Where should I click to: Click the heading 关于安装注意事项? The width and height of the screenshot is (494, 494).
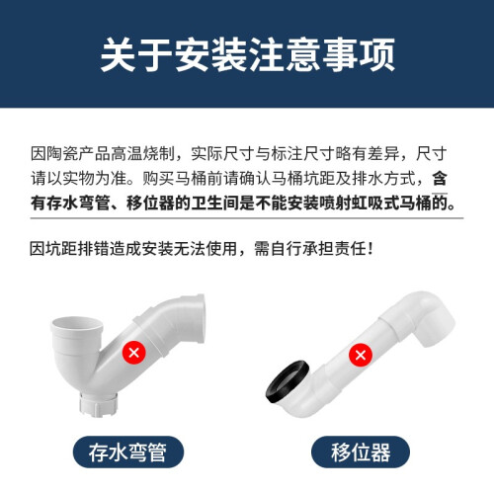point(247,54)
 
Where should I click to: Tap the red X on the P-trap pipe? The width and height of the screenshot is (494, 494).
point(134,353)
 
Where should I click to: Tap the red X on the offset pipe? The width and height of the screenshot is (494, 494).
point(361,355)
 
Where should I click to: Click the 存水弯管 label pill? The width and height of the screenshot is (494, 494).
point(127,453)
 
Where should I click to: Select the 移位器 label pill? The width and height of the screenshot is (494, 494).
point(361,453)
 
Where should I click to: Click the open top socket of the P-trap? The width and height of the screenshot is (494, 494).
point(76,325)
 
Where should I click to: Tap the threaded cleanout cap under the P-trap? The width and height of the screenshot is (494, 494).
point(98,404)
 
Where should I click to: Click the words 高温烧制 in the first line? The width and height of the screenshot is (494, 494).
point(142,154)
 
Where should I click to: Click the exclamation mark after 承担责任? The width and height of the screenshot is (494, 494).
point(371,248)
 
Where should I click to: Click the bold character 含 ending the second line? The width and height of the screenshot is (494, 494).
point(440,179)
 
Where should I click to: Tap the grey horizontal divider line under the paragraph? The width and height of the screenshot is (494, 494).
point(247,218)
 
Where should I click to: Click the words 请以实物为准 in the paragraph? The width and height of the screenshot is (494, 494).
point(78,179)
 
